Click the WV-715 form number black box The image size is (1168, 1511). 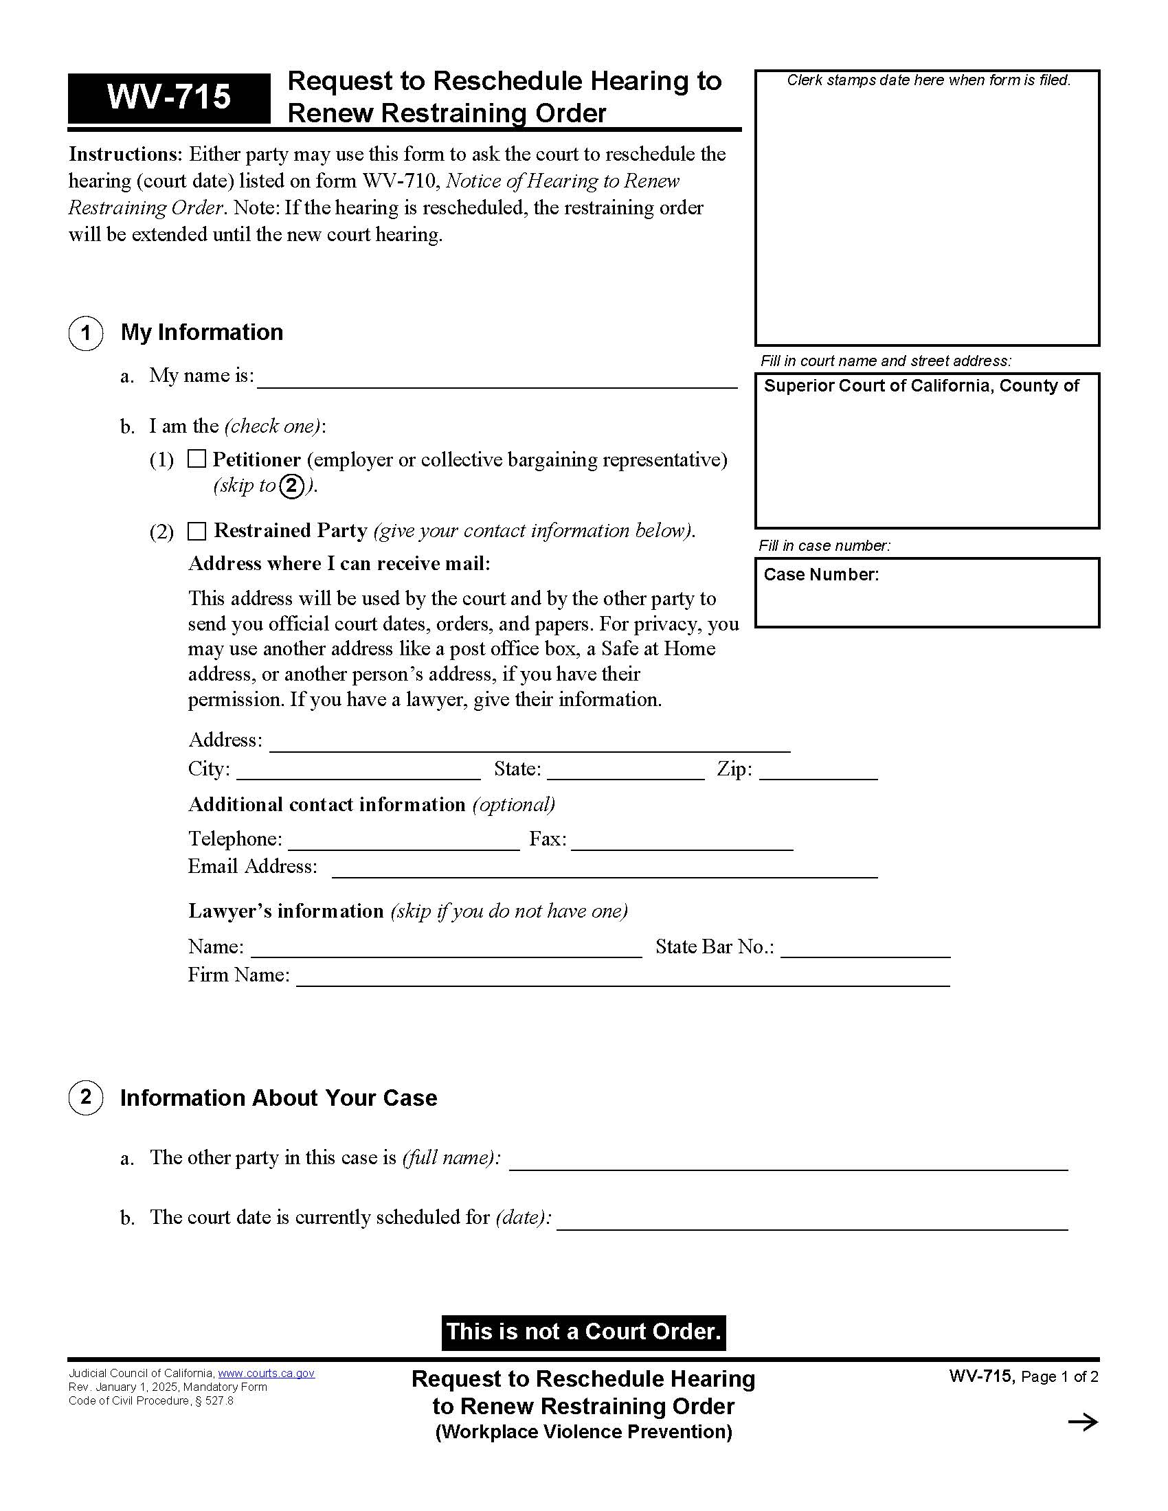(x=169, y=98)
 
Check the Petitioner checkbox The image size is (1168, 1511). (x=197, y=459)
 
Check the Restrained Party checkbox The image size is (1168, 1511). (x=197, y=531)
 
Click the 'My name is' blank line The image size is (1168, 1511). (x=497, y=380)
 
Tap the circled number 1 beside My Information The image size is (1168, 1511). (x=86, y=334)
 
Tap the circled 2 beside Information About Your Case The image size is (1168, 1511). (x=86, y=1098)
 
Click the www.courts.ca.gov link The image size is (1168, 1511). (x=267, y=1374)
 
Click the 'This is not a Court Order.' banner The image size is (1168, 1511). (x=583, y=1332)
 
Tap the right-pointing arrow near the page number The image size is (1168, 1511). (x=1083, y=1422)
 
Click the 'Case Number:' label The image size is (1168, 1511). (x=820, y=575)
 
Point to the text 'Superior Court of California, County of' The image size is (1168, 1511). (x=921, y=386)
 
